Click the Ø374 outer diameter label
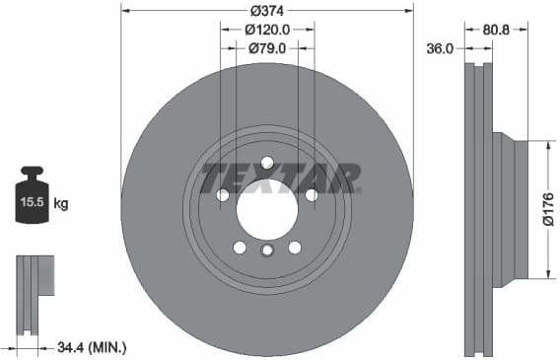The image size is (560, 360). [266, 10]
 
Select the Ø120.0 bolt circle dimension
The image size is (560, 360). [266, 30]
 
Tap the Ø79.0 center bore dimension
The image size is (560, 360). [266, 47]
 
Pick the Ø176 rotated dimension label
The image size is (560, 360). [548, 209]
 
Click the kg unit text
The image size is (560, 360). [61, 204]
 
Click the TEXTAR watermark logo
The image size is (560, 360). [278, 179]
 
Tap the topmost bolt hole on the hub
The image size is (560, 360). [267, 163]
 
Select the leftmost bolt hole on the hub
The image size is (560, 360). [223, 195]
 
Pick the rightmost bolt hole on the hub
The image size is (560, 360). [312, 195]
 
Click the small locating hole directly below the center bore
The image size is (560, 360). [266, 252]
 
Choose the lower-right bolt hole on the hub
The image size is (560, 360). [294, 247]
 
